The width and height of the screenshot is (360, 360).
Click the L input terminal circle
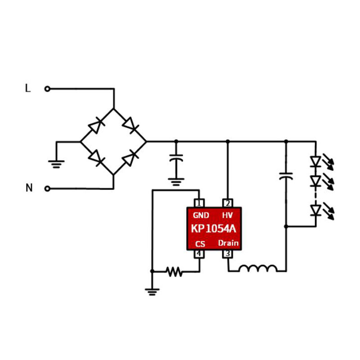47,89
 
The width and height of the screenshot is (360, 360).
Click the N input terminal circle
47,189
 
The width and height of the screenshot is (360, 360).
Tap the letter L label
28,89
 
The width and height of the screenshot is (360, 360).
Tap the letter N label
29,188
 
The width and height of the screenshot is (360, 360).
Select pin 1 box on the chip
199,203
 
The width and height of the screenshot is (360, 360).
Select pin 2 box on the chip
228,203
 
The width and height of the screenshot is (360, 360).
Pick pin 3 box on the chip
228,254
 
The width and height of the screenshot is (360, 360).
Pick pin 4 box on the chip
199,254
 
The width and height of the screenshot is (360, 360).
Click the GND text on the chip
201,215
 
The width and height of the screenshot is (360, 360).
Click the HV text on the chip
227,215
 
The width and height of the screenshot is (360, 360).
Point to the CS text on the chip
200,244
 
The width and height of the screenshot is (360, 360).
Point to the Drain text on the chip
229,243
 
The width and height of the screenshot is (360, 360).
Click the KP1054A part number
214,229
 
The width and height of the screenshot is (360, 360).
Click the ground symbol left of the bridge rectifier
56,163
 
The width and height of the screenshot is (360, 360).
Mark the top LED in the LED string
316,161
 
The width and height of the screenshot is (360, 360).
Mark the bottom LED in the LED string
316,210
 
